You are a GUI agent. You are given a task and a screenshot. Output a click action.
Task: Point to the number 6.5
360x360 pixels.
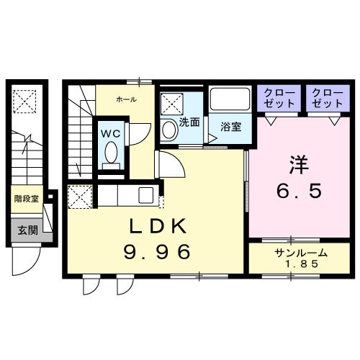300,192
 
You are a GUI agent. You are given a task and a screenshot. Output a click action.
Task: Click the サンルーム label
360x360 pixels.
300,252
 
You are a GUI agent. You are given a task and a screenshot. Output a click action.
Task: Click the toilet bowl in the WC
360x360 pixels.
111,152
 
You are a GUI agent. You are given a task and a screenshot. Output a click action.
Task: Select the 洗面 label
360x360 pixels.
189,122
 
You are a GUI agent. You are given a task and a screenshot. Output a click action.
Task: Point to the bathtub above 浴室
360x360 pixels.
230,99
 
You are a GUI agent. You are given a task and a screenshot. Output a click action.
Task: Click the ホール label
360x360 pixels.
126,98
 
